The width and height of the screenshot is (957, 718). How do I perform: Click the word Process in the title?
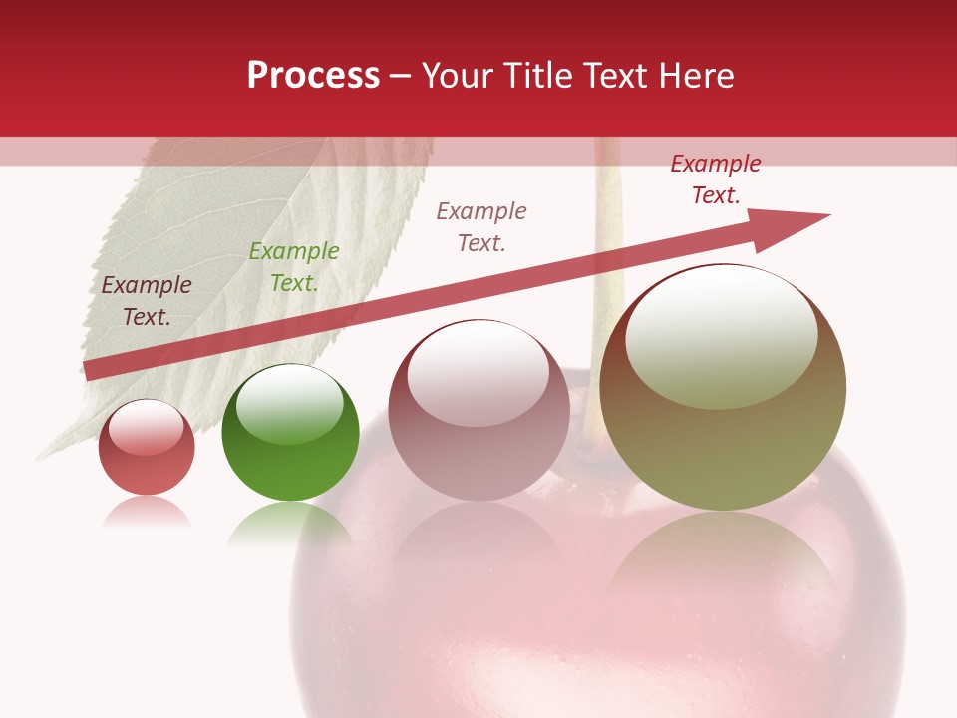pos(313,76)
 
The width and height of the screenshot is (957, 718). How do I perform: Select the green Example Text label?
pos(294,267)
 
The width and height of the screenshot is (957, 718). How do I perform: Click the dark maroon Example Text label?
pos(147,301)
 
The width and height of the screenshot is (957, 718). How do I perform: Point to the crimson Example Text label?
pos(716,179)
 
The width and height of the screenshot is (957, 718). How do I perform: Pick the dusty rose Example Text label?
pos(481,227)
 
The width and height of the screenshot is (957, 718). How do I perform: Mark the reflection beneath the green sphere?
pos(290,524)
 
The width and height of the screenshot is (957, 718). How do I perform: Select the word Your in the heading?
pos(458,76)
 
